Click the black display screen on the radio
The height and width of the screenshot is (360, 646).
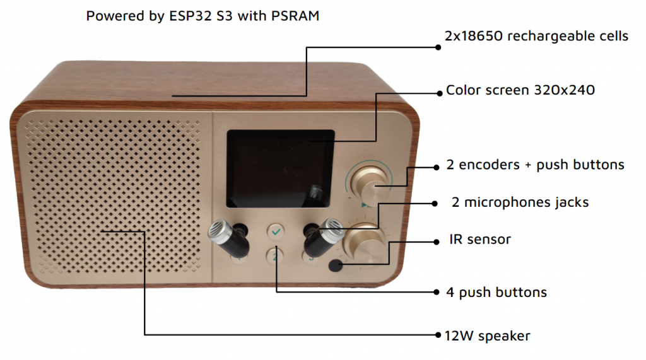(280, 168)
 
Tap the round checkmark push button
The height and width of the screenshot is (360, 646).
(275, 233)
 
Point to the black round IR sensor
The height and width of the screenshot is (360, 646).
(336, 265)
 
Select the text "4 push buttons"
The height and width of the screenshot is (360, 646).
(496, 293)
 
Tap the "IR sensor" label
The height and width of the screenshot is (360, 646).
(480, 240)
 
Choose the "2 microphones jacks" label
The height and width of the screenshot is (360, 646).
(520, 202)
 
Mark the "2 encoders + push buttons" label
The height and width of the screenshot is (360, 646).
(535, 165)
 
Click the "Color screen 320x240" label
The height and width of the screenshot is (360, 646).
(520, 90)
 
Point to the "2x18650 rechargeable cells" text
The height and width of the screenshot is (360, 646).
(536, 36)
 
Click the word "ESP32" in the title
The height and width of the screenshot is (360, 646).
(189, 16)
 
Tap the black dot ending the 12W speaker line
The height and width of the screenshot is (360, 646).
(438, 334)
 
